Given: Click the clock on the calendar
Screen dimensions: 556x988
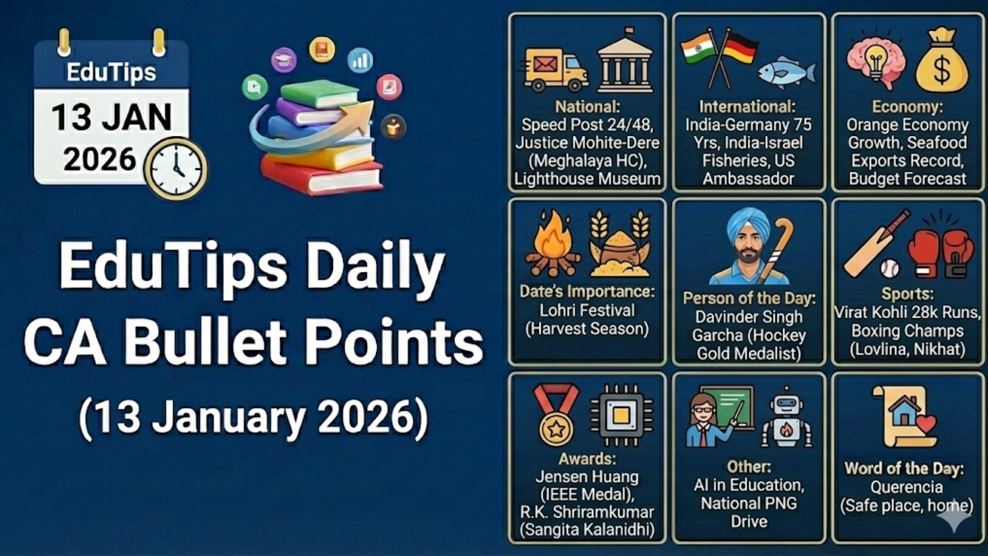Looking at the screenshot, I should (x=175, y=168).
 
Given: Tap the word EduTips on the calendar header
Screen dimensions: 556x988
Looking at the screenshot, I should (x=111, y=72).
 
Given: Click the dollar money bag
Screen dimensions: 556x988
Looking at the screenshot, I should (x=941, y=62).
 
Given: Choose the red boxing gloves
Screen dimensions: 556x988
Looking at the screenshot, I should (x=941, y=252).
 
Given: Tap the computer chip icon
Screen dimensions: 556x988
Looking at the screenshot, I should (x=621, y=415).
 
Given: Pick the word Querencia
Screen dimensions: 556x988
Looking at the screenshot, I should (x=907, y=487).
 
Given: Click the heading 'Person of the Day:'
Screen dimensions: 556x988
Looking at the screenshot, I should (x=749, y=298).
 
